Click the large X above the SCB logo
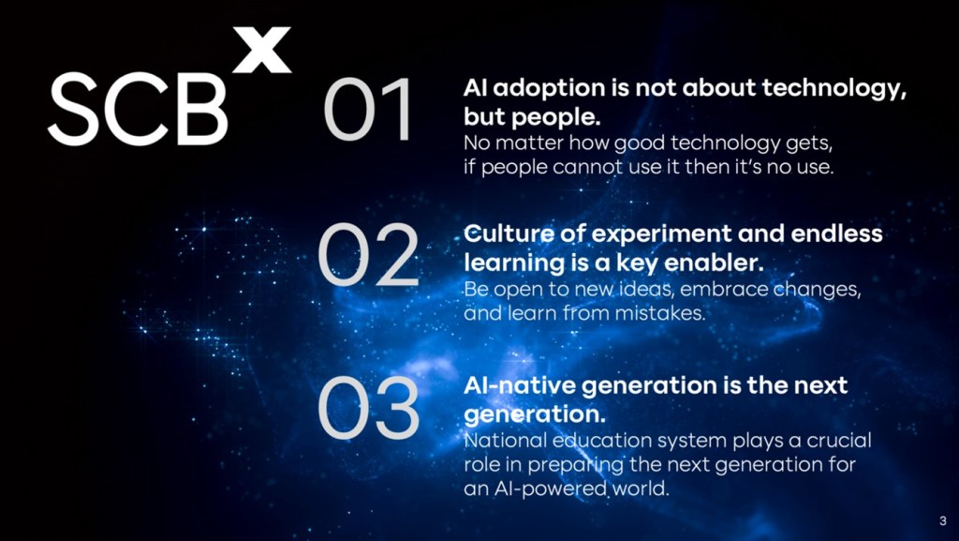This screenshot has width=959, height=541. [x=262, y=50]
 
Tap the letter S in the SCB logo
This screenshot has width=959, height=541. [x=73, y=109]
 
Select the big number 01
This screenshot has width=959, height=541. [x=368, y=110]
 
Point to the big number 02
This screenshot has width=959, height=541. [x=368, y=255]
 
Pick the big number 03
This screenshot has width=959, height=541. [x=368, y=407]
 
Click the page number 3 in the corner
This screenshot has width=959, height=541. [x=942, y=521]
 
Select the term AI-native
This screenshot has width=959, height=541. [x=519, y=385]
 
